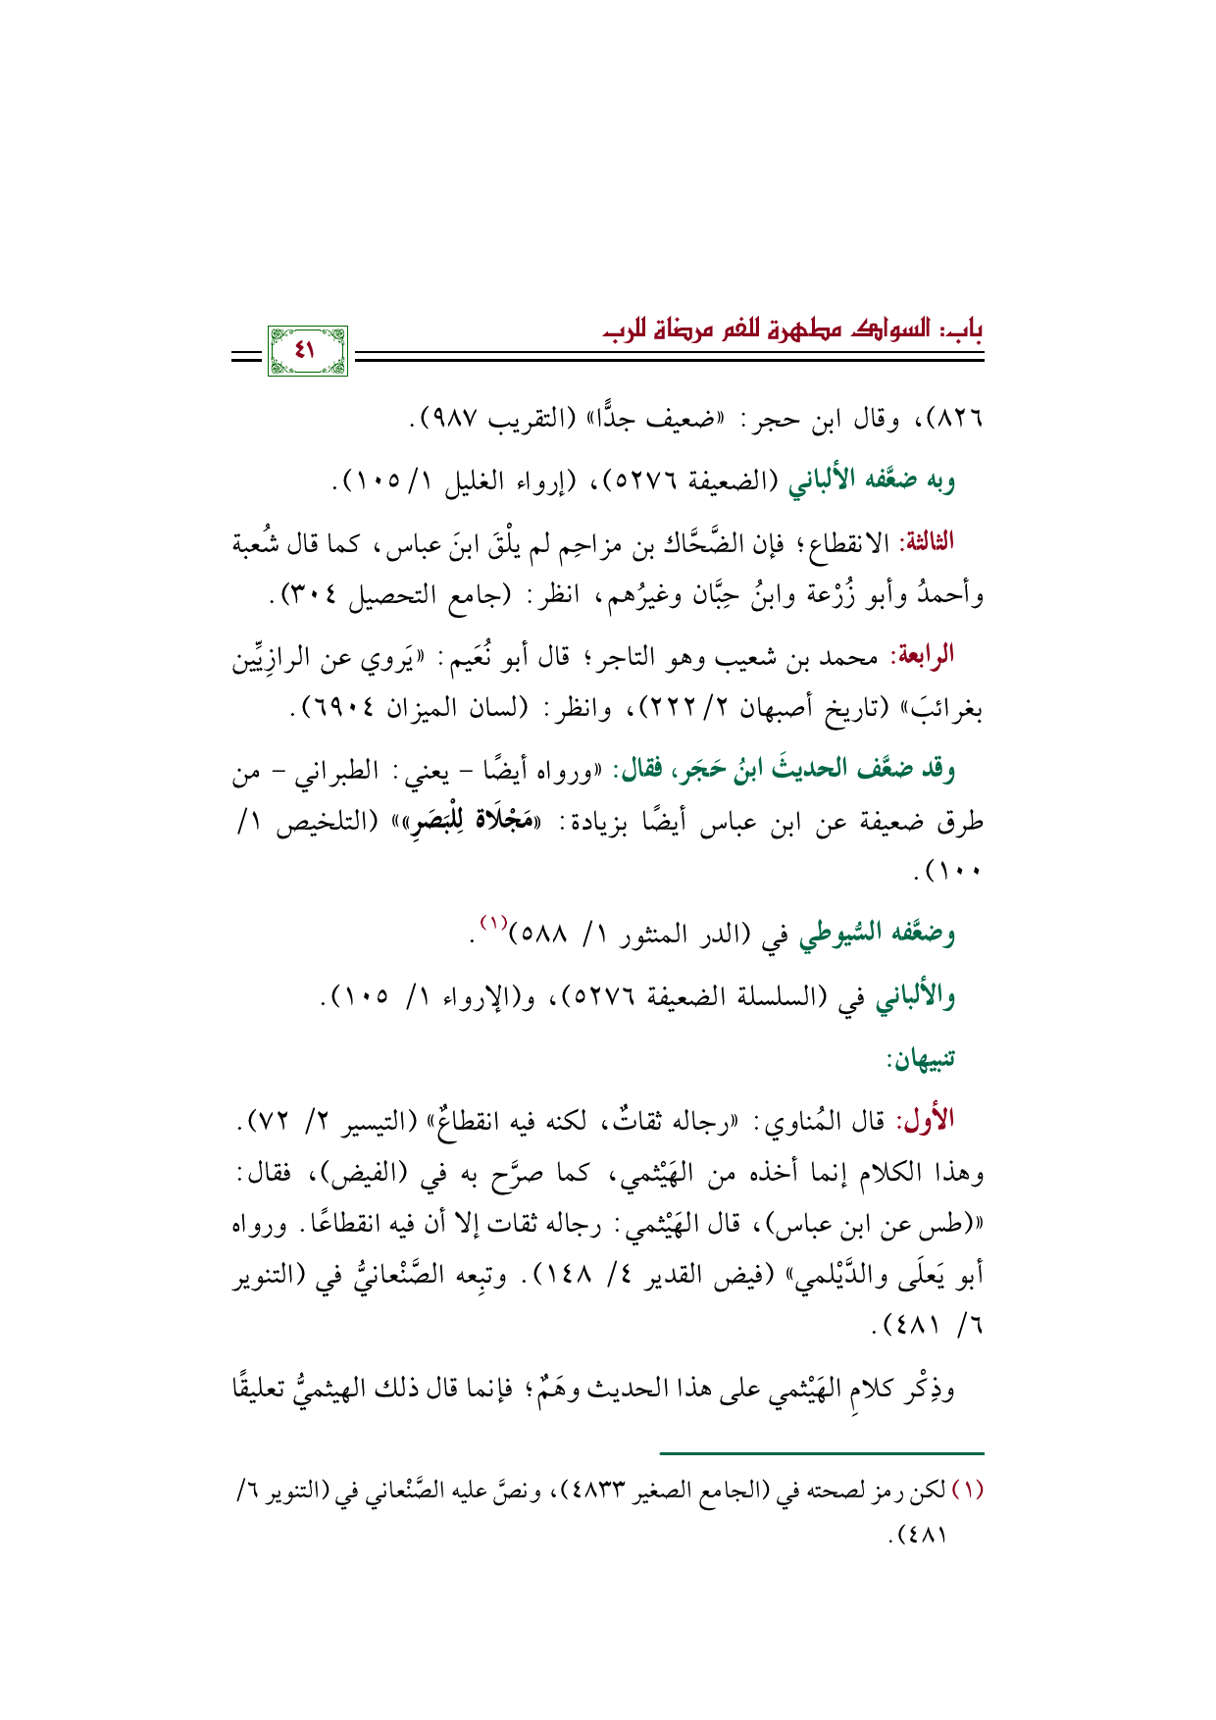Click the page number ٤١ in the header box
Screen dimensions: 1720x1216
tap(307, 349)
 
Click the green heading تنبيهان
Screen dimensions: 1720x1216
tap(921, 1058)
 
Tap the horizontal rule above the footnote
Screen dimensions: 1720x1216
tap(822, 1453)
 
